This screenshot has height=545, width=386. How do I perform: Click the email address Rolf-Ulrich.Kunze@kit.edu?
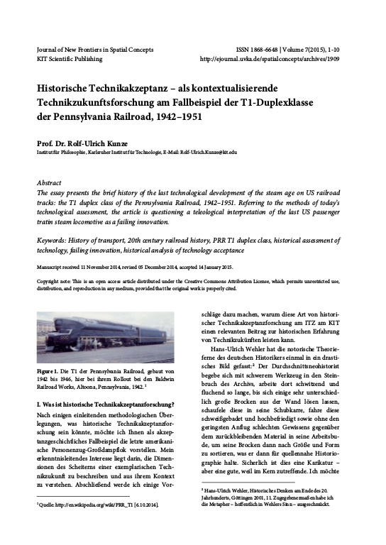[x=206, y=153]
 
